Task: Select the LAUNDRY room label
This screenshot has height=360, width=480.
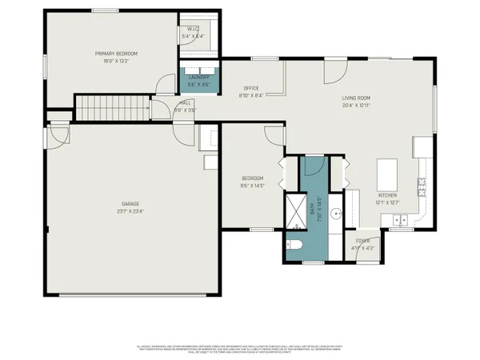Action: [x=197, y=78]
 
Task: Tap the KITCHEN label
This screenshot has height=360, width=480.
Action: [x=388, y=195]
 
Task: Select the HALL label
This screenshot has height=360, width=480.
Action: [x=185, y=103]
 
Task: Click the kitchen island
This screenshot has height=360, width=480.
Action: [x=388, y=172]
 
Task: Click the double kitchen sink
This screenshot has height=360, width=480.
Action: [x=399, y=218]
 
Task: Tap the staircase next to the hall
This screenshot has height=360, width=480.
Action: [x=112, y=106]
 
